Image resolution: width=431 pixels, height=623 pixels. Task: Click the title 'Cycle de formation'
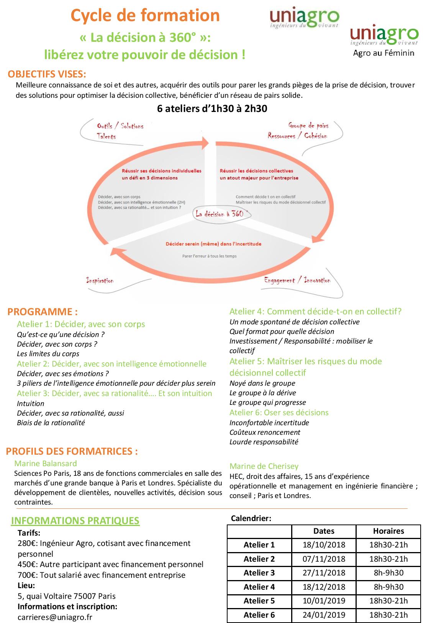click(145, 16)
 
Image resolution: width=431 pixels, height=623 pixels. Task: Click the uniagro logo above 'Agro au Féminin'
click(384, 36)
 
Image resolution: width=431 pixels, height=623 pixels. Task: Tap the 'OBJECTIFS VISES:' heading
click(47, 74)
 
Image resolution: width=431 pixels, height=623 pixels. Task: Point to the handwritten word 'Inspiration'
click(100, 281)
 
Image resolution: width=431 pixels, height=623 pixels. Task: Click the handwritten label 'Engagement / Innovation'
click(297, 280)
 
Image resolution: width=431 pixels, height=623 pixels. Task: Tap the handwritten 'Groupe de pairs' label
click(308, 125)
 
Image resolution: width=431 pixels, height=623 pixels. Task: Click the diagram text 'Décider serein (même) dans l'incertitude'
click(213, 244)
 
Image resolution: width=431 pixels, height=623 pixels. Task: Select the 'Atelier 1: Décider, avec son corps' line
click(81, 324)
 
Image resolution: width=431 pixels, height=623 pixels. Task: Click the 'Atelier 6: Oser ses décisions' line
click(279, 413)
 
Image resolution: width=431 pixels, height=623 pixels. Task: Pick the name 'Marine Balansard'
click(46, 464)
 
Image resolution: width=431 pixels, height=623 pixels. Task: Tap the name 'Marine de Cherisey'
click(264, 466)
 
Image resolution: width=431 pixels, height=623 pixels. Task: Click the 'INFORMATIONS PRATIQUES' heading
click(75, 521)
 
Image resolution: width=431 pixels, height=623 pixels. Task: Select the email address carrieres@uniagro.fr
click(55, 617)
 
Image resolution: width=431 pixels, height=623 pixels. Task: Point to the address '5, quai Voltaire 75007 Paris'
click(67, 596)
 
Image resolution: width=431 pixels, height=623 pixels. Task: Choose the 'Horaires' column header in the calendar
click(388, 531)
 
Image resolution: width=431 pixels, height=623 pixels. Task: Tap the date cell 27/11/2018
click(324, 573)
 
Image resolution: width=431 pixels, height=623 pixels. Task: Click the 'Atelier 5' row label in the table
click(259, 601)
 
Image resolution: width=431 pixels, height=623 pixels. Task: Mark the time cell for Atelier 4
click(388, 587)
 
